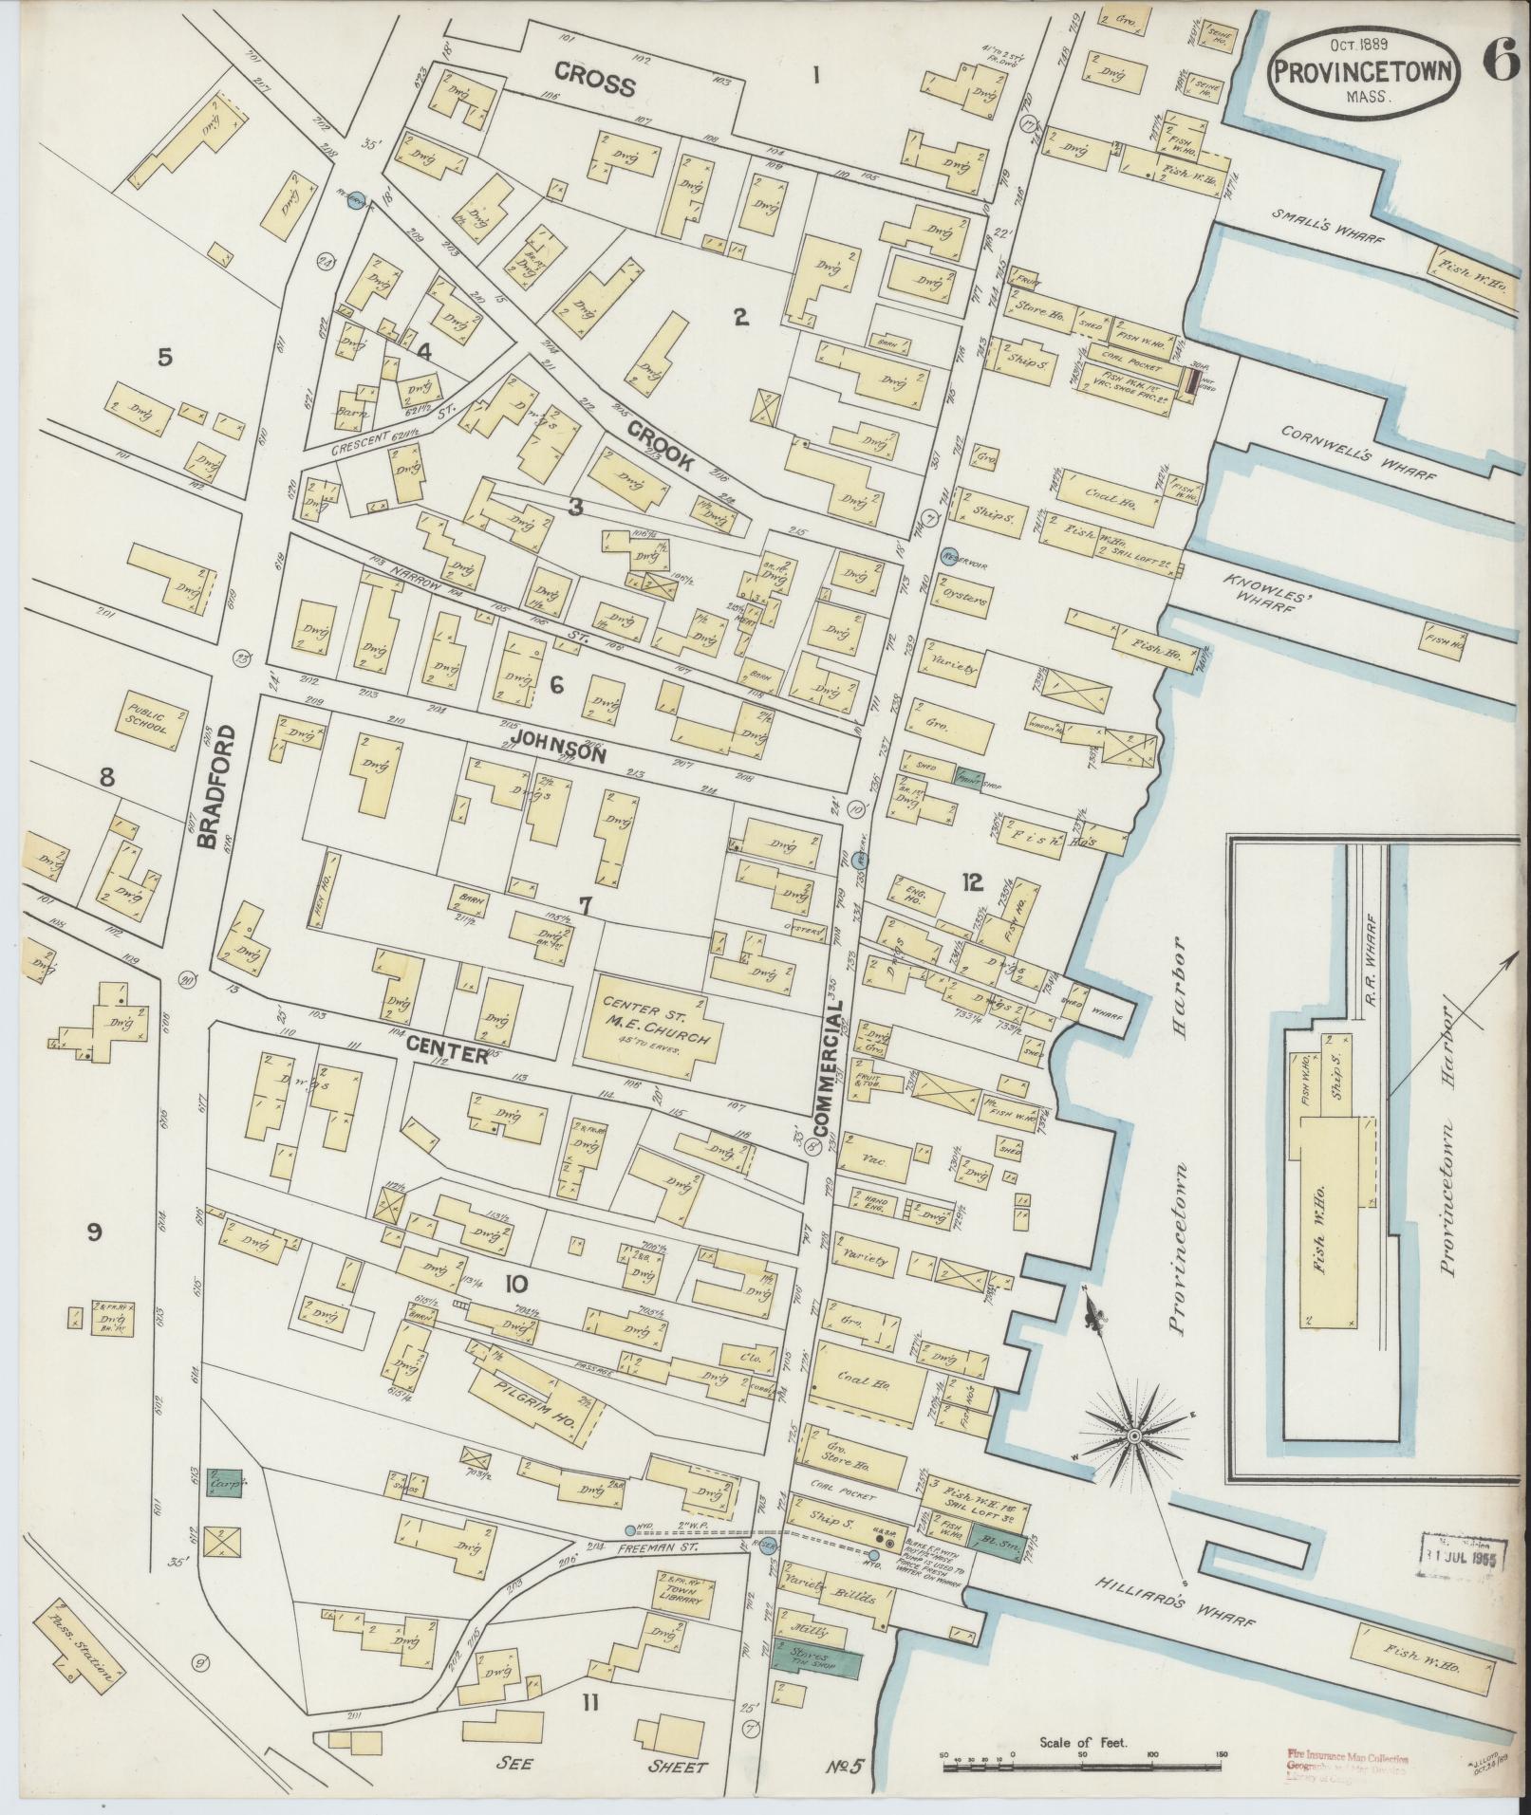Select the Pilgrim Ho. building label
[537, 1394]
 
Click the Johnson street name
[558, 747]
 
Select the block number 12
[971, 882]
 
